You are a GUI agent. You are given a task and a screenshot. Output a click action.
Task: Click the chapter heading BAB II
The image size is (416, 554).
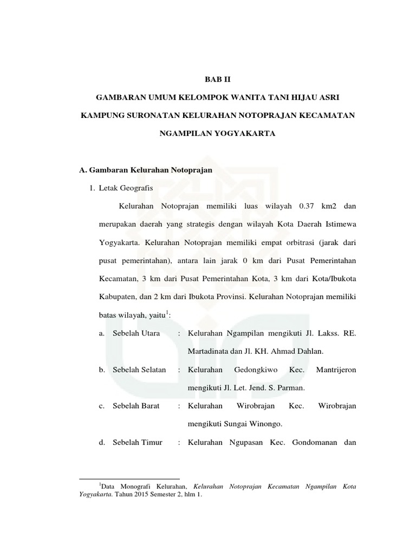point(218,79)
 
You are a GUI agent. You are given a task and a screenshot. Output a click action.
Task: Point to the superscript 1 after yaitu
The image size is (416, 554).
point(168,312)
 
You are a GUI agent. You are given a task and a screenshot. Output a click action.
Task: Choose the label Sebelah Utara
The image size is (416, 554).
point(136,333)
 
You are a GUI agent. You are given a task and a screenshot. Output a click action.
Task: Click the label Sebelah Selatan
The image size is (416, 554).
point(139,370)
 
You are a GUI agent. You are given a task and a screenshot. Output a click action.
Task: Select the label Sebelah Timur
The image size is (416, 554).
point(138,443)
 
